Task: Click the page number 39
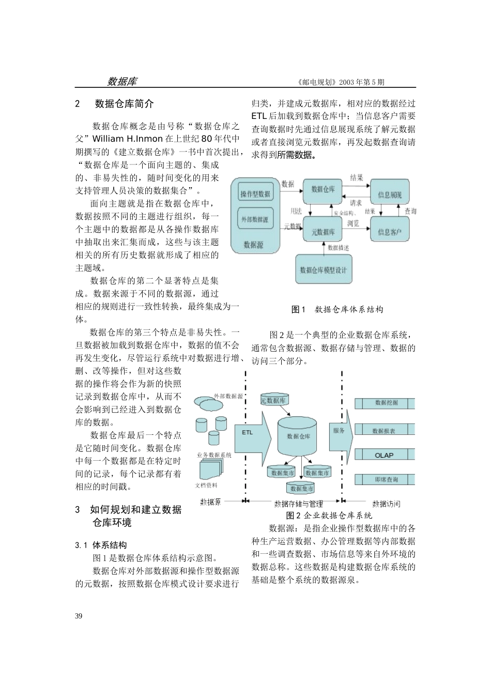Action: [x=79, y=616]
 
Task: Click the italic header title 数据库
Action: [x=122, y=82]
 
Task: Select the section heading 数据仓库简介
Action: [x=124, y=104]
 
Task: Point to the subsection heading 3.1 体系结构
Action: [x=101, y=545]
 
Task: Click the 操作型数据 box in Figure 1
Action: [x=255, y=194]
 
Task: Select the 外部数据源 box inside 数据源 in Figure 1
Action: [x=255, y=219]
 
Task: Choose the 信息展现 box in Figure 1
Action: [x=389, y=194]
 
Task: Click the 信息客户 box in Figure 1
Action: [x=389, y=232]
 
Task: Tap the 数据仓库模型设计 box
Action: [x=324, y=269]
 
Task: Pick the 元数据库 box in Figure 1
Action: [x=323, y=232]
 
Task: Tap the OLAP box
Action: [x=384, y=455]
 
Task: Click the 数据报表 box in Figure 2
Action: [x=384, y=430]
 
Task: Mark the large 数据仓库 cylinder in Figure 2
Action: [x=298, y=436]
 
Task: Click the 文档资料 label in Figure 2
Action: [x=206, y=486]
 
